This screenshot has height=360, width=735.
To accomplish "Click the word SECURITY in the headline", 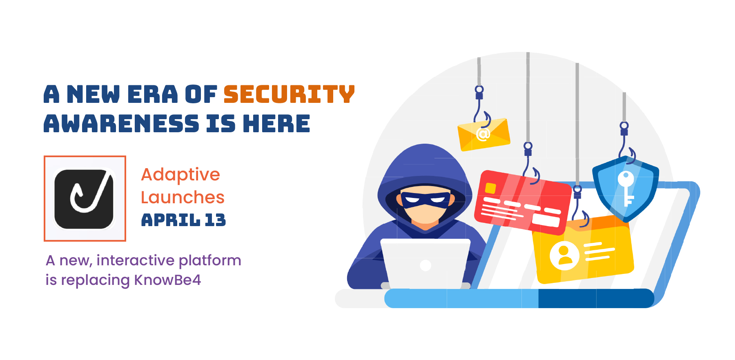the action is pos(289,94).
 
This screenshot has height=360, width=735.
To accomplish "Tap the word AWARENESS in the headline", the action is pos(121,124).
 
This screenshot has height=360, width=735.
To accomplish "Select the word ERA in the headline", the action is pos(153,94).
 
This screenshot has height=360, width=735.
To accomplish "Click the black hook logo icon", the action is pos(85,199).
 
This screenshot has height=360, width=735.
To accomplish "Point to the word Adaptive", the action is pos(180,175).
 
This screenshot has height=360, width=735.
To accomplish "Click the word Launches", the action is pos(183,198).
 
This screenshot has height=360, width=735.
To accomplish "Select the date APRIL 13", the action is pos(183,220).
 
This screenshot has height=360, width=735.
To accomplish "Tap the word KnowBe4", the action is pos(167,280).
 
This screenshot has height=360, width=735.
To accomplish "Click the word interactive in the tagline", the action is pos(136,260).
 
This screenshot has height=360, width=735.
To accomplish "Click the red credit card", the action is pos(522,202).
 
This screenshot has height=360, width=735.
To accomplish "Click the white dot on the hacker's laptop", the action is pos(425,266).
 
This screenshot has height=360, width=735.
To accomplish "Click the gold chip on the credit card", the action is pos(490,188).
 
